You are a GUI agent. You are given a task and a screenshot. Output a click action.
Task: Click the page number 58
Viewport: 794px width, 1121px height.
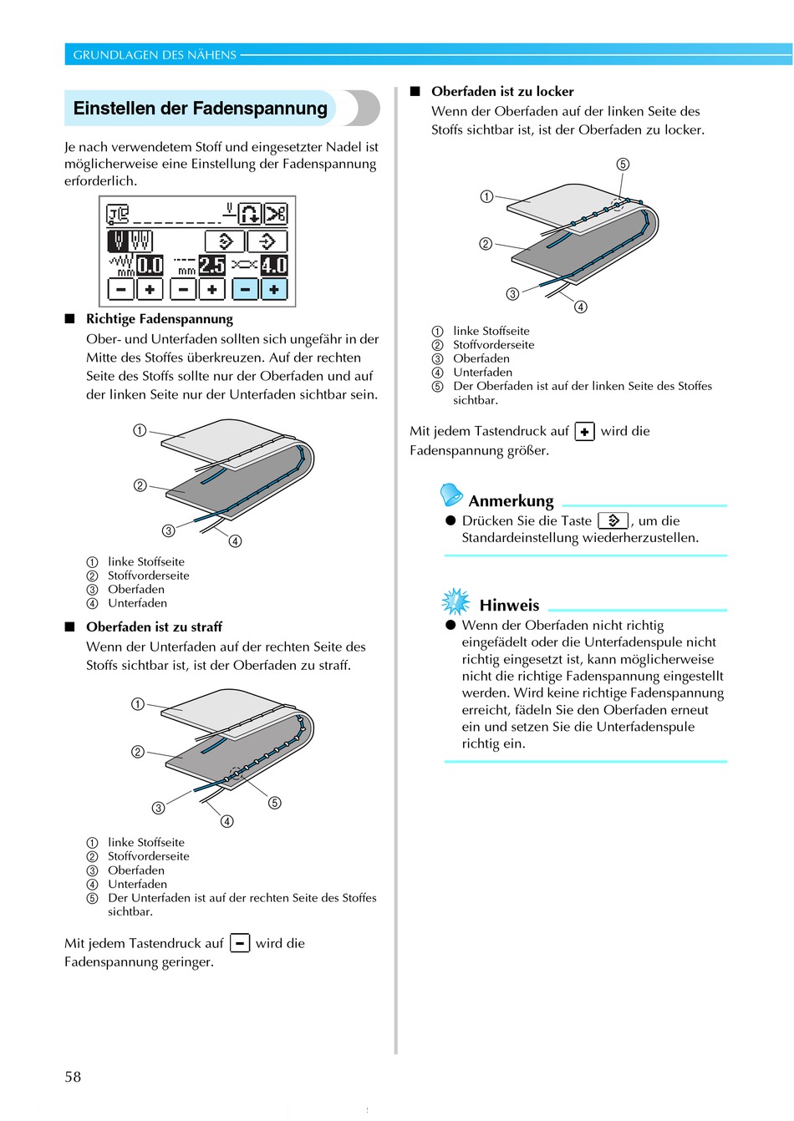tap(74, 1077)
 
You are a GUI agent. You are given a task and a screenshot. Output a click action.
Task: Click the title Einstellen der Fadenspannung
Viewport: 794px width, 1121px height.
tap(201, 109)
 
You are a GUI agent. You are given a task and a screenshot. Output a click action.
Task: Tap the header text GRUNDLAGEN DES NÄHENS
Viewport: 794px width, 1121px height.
tap(155, 55)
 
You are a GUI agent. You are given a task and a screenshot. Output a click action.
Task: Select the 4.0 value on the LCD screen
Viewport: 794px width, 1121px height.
tap(274, 266)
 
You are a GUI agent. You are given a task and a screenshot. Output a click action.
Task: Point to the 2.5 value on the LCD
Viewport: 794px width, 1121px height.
tap(211, 266)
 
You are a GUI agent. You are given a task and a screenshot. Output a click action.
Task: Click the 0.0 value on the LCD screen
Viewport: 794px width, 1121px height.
tap(150, 266)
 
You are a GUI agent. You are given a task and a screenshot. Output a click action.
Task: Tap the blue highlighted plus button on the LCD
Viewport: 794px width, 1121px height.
tap(274, 289)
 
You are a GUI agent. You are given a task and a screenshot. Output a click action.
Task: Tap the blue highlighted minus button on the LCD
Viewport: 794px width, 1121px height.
tap(245, 289)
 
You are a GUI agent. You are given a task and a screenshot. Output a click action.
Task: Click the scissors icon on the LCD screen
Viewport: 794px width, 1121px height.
tap(276, 214)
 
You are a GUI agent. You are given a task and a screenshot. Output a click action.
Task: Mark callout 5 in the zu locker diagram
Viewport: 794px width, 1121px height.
tap(623, 165)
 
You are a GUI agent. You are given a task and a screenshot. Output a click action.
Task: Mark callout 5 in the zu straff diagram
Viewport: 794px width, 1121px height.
tap(275, 803)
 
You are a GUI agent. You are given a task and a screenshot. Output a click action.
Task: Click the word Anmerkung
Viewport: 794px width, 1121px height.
tap(511, 501)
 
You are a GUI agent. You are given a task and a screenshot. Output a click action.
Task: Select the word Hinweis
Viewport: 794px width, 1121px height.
tap(509, 606)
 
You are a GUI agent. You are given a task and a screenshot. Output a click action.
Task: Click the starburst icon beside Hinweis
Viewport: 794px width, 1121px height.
tap(456, 601)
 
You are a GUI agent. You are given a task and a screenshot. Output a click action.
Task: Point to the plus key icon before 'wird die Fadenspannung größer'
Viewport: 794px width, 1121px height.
tap(585, 432)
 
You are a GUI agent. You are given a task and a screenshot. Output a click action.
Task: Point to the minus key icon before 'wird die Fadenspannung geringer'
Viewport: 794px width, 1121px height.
tap(240, 943)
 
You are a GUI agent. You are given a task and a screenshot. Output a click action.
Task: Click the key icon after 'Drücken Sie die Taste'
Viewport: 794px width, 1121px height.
tap(613, 520)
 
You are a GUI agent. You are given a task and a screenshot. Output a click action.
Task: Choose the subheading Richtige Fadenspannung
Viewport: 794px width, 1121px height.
tap(160, 319)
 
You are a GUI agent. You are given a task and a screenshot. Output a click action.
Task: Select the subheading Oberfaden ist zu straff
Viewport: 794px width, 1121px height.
tap(154, 626)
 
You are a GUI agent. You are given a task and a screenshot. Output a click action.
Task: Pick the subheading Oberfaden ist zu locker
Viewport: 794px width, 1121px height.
tap(502, 92)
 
